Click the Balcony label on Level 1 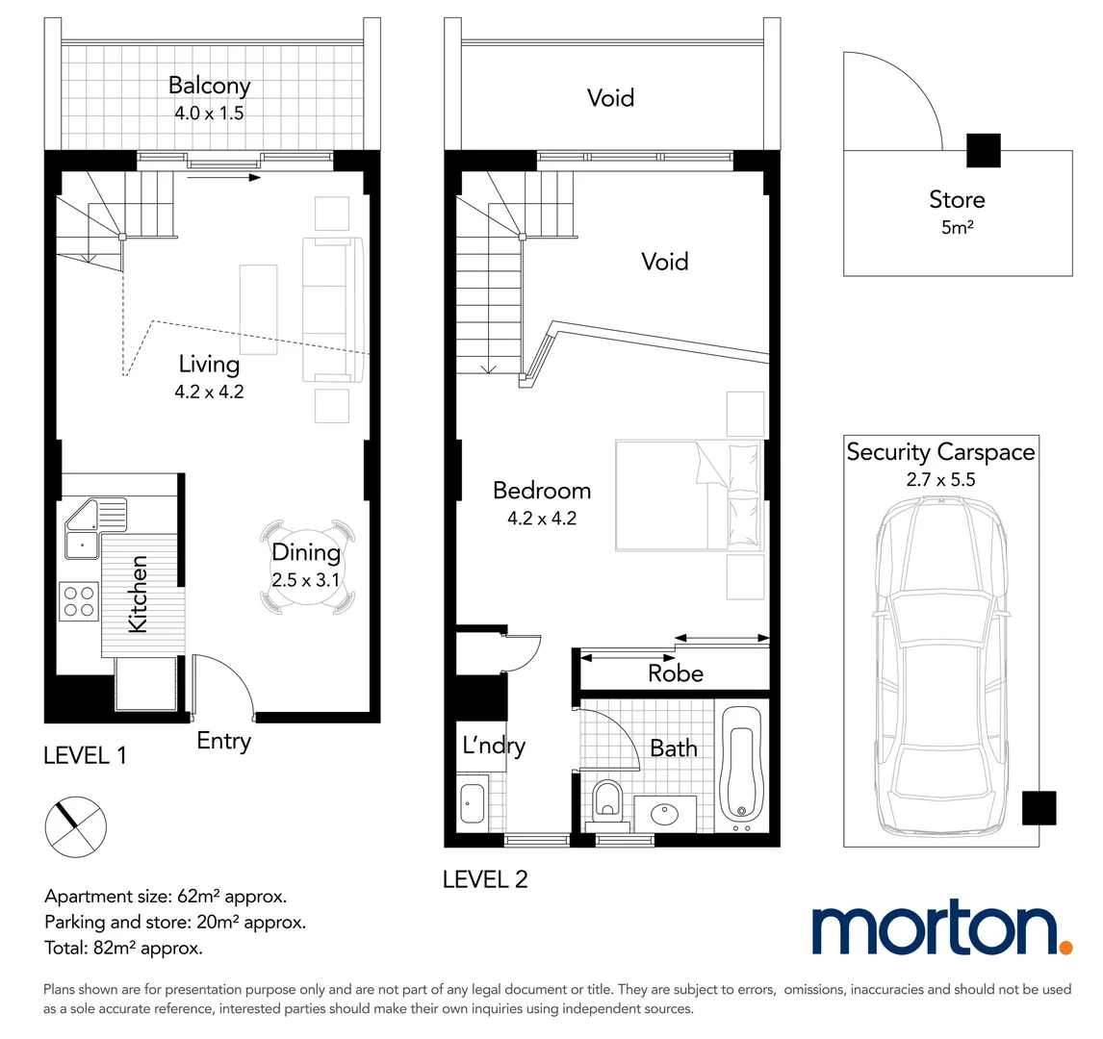point(209,86)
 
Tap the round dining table point(306,567)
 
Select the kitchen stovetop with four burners point(79,601)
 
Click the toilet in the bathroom point(608,799)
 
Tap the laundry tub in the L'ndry point(472,803)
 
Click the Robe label point(675,673)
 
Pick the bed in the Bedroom point(688,495)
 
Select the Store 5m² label point(957,211)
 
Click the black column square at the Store point(983,150)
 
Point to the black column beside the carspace point(1039,807)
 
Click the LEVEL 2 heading point(485,879)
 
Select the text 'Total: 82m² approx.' point(123,948)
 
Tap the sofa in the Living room point(333,309)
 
